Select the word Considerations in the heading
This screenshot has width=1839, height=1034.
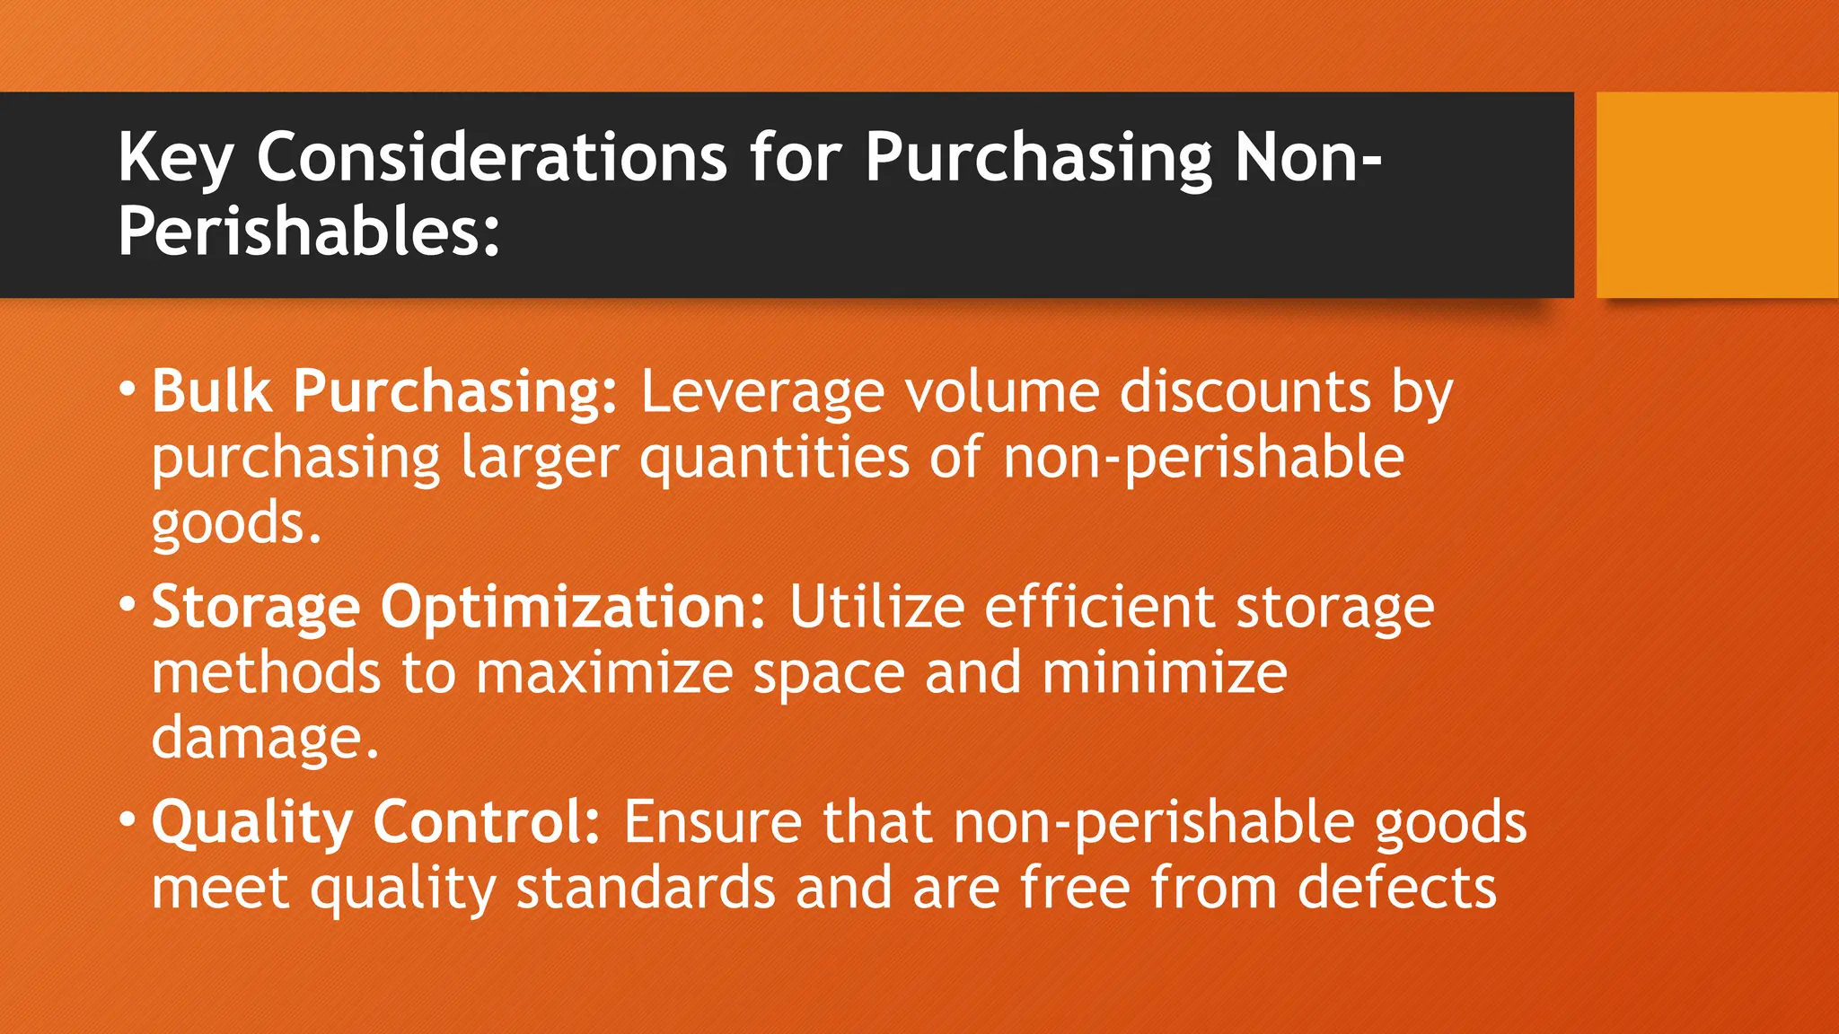491,157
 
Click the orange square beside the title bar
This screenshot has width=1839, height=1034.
1716,195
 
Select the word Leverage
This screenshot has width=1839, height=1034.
761,393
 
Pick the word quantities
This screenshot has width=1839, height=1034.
774,458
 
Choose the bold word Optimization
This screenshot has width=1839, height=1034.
574,608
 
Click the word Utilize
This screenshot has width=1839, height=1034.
876,607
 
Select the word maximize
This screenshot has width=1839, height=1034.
604,672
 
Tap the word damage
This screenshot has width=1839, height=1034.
265,739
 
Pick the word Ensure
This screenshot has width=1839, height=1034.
713,821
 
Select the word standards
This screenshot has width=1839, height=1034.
645,888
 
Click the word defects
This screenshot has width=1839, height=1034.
1397,888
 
